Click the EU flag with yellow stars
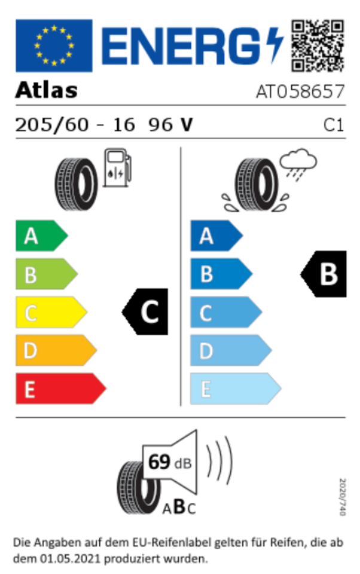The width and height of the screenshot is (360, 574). (54, 45)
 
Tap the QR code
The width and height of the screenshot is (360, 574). (318, 45)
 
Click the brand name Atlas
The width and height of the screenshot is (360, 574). (46, 90)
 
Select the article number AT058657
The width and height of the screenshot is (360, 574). (300, 91)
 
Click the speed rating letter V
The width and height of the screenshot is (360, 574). (186, 124)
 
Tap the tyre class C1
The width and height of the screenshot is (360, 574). (334, 125)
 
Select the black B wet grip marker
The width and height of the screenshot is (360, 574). (325, 274)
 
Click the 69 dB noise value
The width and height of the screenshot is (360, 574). (167, 463)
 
